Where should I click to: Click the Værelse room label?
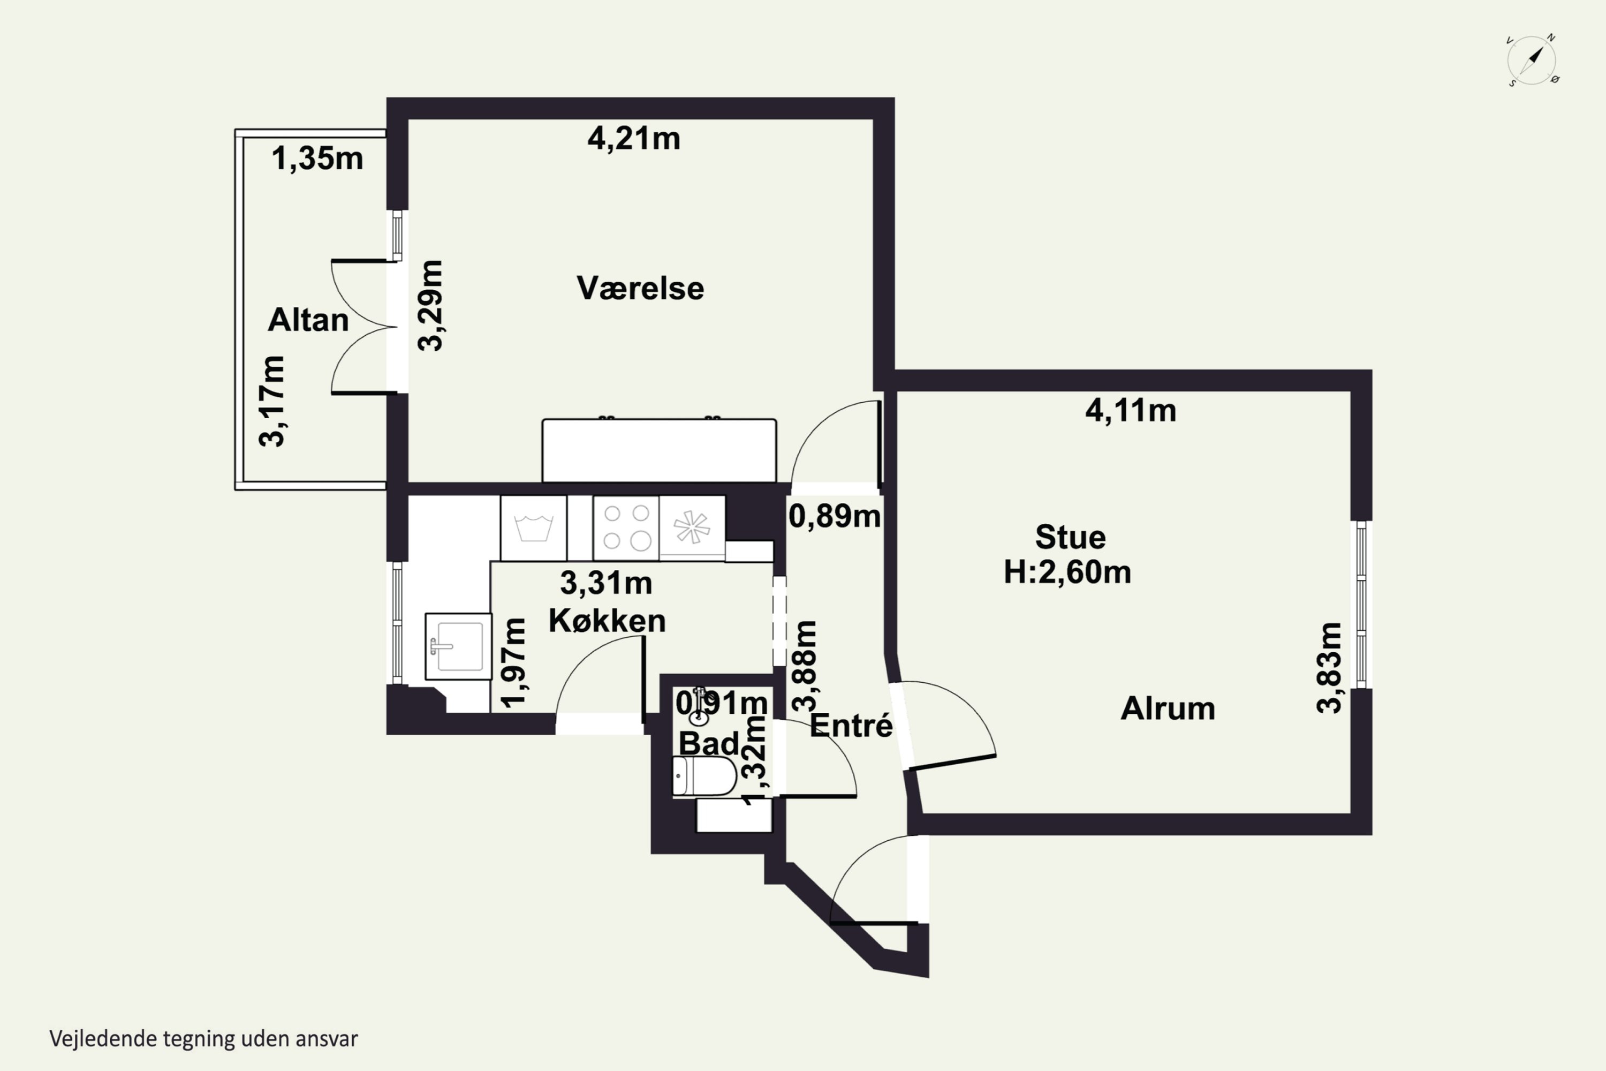[x=640, y=288]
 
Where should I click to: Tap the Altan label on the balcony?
[x=308, y=320]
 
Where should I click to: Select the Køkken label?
[x=607, y=620]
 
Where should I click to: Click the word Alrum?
[x=1168, y=708]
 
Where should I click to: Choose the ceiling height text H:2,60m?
[x=1067, y=572]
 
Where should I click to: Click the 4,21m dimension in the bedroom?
[x=634, y=139]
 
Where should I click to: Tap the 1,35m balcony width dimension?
[x=317, y=159]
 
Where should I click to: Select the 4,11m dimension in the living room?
[x=1131, y=411]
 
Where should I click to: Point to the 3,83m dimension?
[x=1329, y=668]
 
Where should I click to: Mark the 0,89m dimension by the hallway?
[x=835, y=516]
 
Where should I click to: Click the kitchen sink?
[x=458, y=646]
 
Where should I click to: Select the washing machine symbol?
[x=533, y=528]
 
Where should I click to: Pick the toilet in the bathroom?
[x=704, y=776]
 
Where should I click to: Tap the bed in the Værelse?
[x=659, y=451]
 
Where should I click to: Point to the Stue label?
[x=1070, y=537]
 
